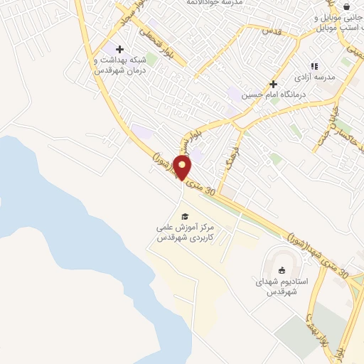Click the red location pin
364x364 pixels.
[x=183, y=168]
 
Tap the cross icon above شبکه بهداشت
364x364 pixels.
[x=119, y=49]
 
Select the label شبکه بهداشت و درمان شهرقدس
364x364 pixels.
[x=122, y=65]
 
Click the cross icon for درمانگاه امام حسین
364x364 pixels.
[x=273, y=84]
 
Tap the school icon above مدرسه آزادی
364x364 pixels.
[x=314, y=67]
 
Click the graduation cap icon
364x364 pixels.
[x=185, y=216]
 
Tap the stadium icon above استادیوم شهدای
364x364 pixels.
[x=282, y=270]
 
